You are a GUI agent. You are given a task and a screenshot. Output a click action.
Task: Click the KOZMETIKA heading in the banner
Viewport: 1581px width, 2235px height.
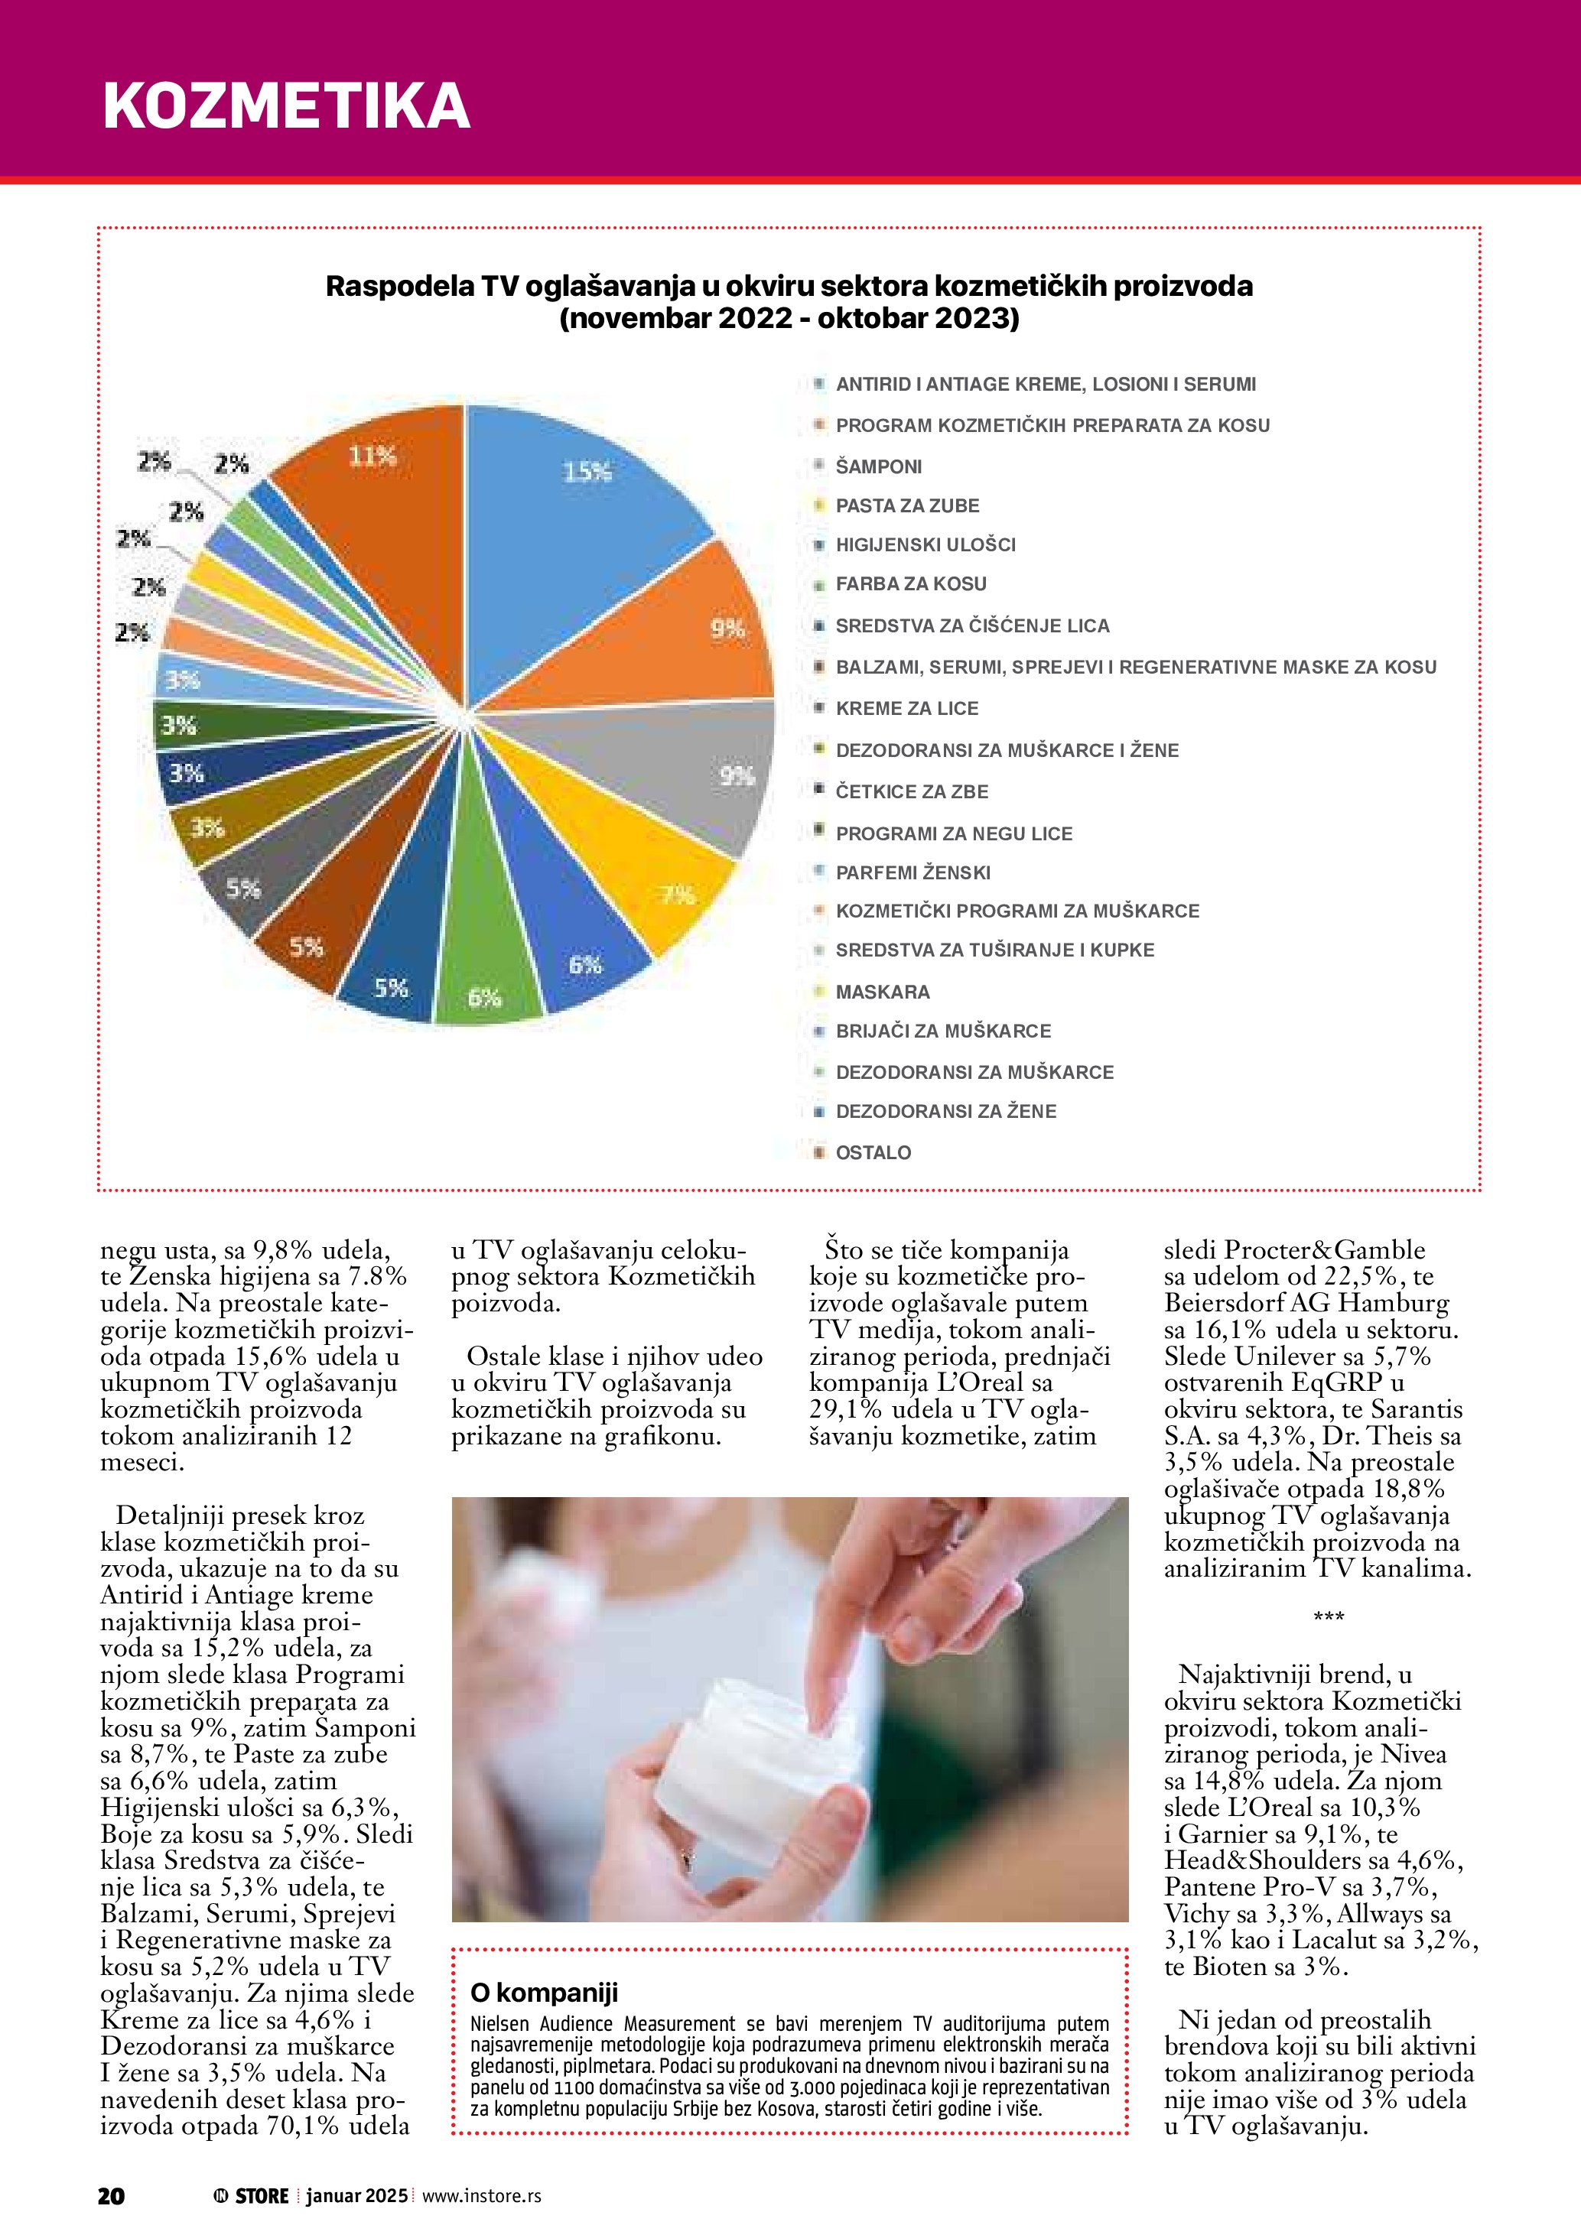pyautogui.click(x=286, y=105)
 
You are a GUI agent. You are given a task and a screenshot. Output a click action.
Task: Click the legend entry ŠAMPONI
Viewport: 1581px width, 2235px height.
pyautogui.click(x=878, y=466)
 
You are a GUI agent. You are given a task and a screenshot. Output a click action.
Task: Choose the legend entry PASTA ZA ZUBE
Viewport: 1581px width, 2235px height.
pyautogui.click(x=907, y=506)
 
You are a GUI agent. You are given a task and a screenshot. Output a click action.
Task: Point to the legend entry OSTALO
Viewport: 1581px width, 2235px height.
pyautogui.click(x=873, y=1152)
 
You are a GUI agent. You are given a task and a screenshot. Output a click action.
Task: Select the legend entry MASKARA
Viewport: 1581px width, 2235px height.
pyautogui.click(x=882, y=992)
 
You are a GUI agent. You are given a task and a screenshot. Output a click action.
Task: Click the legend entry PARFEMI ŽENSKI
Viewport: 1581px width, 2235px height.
pyautogui.click(x=913, y=872)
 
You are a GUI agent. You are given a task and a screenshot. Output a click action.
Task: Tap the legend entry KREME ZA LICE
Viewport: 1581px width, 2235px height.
pyautogui.click(x=906, y=709)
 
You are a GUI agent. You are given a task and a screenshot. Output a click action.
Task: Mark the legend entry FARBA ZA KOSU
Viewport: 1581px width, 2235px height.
pyautogui.click(x=911, y=584)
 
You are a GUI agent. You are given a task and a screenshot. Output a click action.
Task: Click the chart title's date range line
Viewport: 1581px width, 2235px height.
pyautogui.click(x=789, y=318)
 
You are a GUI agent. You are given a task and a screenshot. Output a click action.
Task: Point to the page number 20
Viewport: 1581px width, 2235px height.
pyautogui.click(x=111, y=2195)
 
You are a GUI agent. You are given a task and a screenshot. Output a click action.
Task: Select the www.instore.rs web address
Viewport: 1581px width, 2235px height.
pyautogui.click(x=482, y=2195)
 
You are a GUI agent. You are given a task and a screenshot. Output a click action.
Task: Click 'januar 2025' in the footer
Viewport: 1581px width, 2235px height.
pyautogui.click(x=356, y=2195)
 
